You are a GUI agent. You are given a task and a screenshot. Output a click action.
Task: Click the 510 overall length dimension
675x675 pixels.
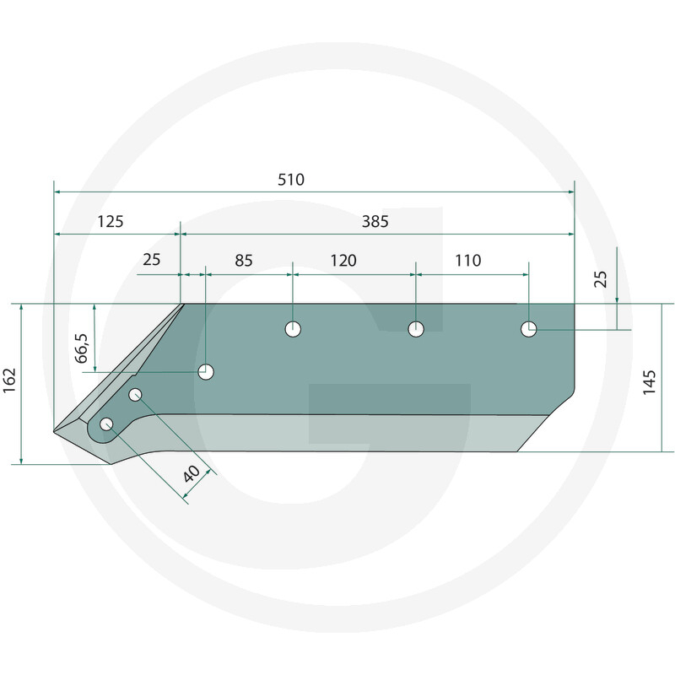[x=290, y=180]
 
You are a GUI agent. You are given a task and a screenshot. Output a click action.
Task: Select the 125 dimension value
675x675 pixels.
[x=111, y=222]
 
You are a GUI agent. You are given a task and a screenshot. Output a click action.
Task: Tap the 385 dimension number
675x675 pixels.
[x=375, y=222]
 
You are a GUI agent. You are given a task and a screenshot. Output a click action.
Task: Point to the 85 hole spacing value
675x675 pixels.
[x=243, y=261]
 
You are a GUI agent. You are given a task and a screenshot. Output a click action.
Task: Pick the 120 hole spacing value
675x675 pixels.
[x=343, y=261]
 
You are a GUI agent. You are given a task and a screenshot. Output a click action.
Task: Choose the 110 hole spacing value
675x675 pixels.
[x=467, y=261]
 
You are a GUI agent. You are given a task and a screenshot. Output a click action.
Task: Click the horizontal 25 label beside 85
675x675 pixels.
[x=151, y=261]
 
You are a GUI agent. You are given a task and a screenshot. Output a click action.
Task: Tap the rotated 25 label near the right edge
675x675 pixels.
[x=600, y=278]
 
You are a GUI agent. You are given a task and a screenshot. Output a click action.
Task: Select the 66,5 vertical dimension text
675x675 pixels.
[x=82, y=348]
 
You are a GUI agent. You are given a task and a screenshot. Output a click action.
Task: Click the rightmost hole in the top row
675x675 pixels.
[x=528, y=329]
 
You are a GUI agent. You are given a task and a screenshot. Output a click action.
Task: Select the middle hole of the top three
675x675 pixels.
[x=415, y=329]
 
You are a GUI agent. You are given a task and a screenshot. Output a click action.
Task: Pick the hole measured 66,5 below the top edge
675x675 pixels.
[x=206, y=372]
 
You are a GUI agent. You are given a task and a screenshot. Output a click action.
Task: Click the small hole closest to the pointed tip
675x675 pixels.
[x=106, y=424]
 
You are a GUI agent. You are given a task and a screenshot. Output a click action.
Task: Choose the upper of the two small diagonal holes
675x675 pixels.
[x=135, y=394]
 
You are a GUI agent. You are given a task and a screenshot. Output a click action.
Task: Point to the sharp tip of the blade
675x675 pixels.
[x=54, y=431]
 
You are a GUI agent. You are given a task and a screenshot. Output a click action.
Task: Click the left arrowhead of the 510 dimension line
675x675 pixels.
[x=57, y=192]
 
